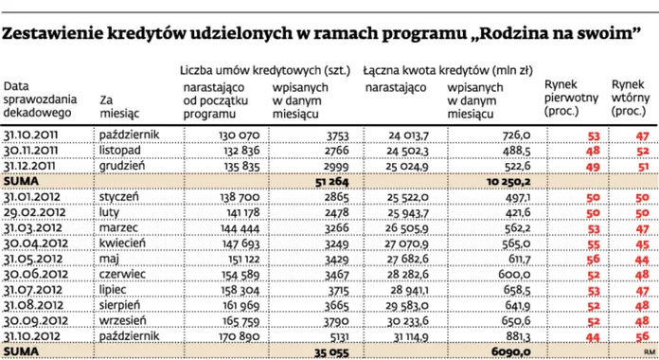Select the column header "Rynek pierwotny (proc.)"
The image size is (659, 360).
[x=566, y=98]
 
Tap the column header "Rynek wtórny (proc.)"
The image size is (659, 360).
[x=629, y=98]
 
